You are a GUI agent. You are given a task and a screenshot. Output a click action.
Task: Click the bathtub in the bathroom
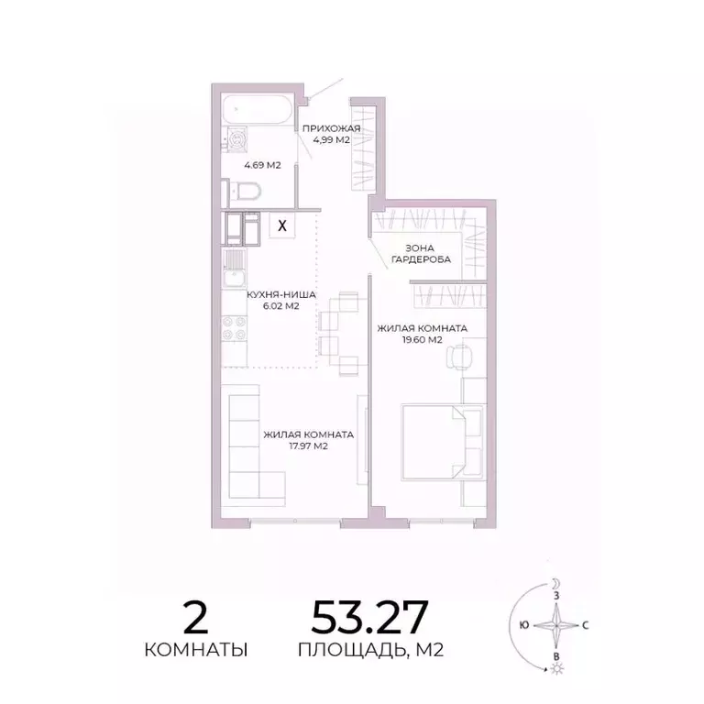pyautogui.click(x=257, y=111)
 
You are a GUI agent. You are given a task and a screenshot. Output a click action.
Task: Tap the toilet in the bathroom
pyautogui.click(x=246, y=192)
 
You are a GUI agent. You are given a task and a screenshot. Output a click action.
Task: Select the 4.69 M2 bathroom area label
pyautogui.click(x=261, y=165)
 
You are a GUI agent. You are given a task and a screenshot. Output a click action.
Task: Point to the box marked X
pyautogui.click(x=282, y=224)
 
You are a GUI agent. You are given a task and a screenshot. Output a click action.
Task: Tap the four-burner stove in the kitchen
pyautogui.click(x=234, y=327)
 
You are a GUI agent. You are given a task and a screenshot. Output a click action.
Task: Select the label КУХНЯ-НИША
pyautogui.click(x=281, y=295)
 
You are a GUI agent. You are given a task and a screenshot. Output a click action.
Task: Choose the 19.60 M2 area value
pyautogui.click(x=423, y=339)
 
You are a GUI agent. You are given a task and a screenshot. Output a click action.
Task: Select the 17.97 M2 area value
pyautogui.click(x=308, y=447)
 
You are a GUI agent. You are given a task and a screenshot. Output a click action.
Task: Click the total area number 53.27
pyautogui.click(x=369, y=617)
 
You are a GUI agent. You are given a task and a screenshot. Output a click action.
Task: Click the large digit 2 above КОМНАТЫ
pyautogui.click(x=195, y=617)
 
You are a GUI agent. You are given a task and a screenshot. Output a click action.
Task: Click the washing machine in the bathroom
pyautogui.click(x=238, y=140)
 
